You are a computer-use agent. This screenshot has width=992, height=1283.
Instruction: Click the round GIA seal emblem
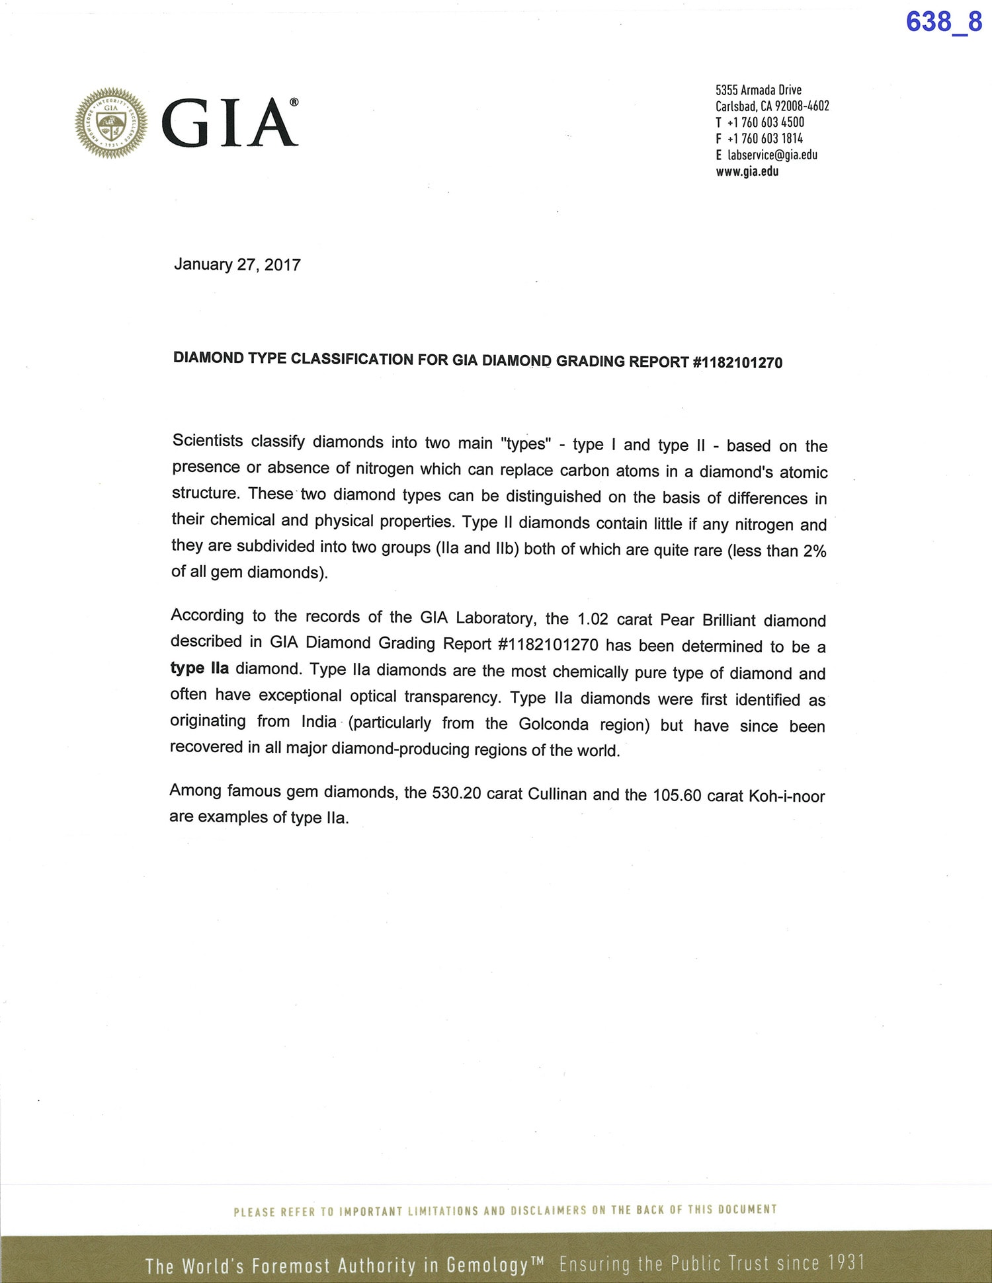pos(111,123)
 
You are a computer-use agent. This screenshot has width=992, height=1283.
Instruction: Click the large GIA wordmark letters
pos(229,123)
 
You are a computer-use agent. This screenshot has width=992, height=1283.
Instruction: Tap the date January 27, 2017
pos(237,264)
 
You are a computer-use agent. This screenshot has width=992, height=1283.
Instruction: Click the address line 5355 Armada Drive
pos(758,90)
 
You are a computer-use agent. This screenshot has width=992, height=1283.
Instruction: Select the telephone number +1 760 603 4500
pos(765,122)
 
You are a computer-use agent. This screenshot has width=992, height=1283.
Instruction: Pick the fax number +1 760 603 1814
pos(765,139)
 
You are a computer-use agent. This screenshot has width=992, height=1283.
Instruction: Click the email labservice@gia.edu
pos(772,155)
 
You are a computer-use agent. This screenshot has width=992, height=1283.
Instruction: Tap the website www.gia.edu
pos(747,171)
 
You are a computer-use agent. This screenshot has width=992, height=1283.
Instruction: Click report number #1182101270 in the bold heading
pos(737,362)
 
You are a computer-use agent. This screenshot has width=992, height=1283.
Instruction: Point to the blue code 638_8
pos(944,22)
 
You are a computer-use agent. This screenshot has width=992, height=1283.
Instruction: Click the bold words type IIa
pos(200,668)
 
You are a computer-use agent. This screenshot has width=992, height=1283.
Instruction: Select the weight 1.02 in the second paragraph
pos(593,619)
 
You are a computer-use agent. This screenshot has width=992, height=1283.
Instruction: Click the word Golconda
pos(554,724)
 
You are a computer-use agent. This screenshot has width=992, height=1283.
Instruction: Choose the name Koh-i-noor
pos(786,796)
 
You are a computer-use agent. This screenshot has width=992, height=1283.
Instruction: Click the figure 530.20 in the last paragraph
pos(456,793)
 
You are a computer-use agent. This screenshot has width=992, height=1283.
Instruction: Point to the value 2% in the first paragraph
pos(815,551)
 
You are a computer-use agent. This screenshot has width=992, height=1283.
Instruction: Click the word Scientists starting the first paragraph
pos(208,441)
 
